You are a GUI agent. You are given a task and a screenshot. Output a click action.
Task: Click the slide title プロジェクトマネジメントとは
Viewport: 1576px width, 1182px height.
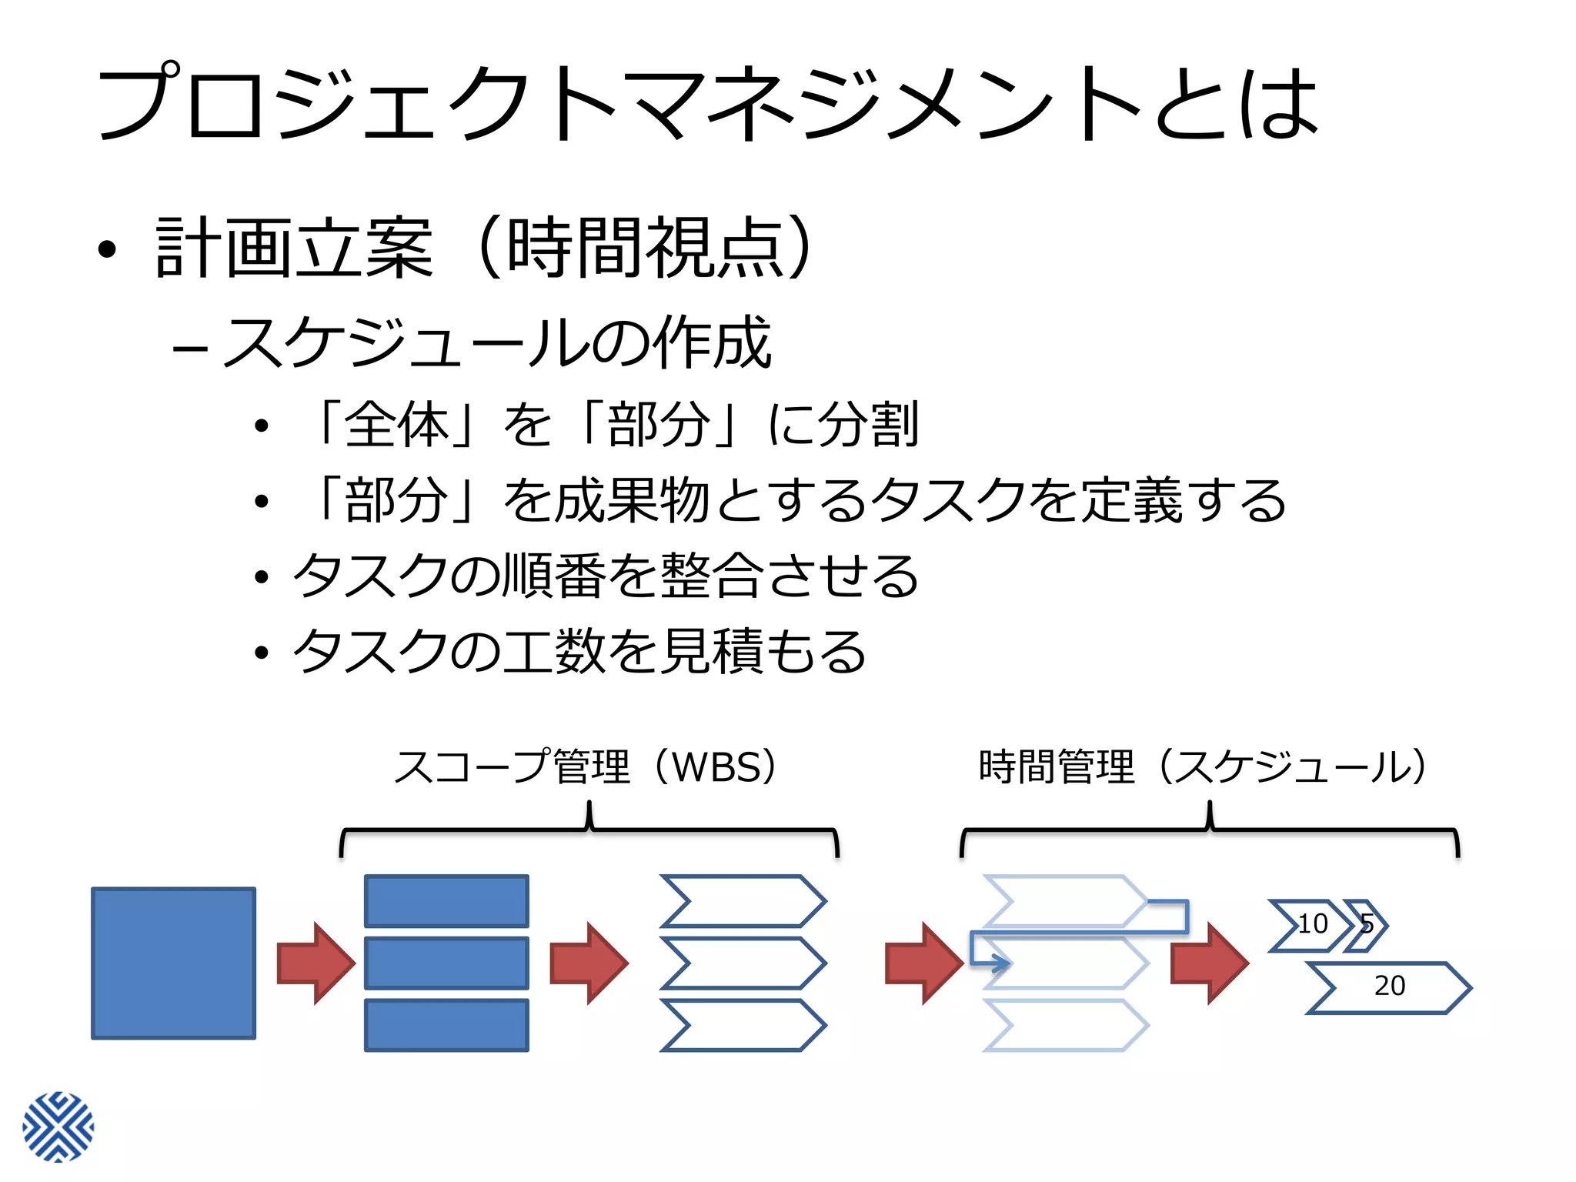tap(708, 104)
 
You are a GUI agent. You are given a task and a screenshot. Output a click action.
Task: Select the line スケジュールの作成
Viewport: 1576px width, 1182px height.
tap(496, 343)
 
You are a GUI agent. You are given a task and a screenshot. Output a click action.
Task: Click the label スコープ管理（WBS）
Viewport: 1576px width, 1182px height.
tap(589, 767)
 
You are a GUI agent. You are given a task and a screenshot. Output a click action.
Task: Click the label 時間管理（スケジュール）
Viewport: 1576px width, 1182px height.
tap(1204, 767)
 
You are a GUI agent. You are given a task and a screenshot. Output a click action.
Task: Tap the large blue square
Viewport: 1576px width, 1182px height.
tap(174, 963)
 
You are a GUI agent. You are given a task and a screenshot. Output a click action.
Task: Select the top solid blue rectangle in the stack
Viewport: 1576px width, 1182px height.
tap(446, 901)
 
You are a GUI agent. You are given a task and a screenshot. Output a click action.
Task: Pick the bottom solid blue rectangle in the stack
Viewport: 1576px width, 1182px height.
tap(446, 1025)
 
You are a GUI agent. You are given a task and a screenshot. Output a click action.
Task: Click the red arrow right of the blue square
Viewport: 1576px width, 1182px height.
tap(316, 963)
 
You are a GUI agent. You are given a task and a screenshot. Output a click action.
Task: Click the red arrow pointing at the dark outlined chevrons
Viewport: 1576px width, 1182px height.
tap(589, 963)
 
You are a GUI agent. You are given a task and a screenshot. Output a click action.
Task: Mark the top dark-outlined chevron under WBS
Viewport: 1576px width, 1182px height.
tap(743, 901)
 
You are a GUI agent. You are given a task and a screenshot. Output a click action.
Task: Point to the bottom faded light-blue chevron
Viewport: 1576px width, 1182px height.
tap(1067, 1025)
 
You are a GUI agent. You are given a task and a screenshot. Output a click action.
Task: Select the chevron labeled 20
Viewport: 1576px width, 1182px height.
tap(1390, 987)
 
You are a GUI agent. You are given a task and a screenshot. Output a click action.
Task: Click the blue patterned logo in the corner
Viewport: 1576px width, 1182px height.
tap(58, 1127)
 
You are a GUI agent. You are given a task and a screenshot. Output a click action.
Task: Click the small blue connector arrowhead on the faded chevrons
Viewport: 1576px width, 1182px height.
tap(1000, 963)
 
